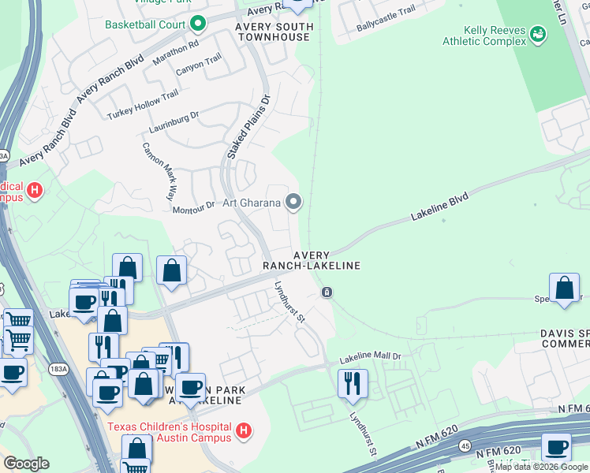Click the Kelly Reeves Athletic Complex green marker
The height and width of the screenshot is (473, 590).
538,34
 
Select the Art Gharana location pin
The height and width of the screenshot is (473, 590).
293,203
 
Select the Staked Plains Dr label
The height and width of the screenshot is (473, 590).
248,127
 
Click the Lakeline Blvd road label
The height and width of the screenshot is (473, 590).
439,207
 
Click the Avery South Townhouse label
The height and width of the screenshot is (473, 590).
274,32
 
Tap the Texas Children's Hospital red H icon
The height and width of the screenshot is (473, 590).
244,431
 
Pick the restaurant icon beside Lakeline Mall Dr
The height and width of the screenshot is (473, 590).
352,383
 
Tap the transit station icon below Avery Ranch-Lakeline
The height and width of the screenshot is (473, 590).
327,292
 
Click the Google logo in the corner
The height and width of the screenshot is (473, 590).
26,463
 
